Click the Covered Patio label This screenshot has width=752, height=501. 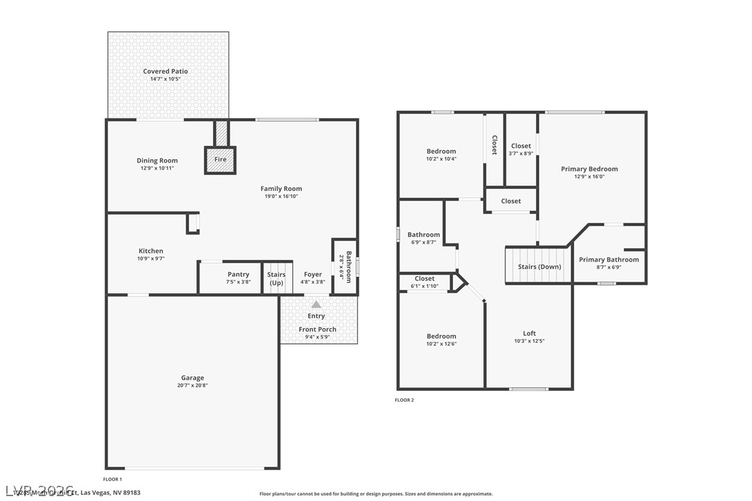tap(165, 71)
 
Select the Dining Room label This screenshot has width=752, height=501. tap(157, 161)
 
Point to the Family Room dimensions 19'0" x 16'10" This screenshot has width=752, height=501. tap(281, 196)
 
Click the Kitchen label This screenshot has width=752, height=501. tap(151, 251)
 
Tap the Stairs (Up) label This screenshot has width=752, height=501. tap(276, 278)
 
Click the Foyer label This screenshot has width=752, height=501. tap(313, 275)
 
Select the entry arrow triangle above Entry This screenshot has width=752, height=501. tap(316, 304)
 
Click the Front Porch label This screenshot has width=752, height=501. tap(317, 329)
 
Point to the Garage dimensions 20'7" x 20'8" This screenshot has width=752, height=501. tap(193, 385)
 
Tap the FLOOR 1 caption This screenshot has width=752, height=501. tap(112, 479)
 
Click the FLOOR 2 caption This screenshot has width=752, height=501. tap(404, 400)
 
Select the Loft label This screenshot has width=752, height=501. tap(529, 334)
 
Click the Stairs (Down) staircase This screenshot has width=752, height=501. tap(539, 266)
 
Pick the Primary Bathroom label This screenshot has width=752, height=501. tap(609, 259)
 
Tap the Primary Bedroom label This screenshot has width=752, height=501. tap(589, 169)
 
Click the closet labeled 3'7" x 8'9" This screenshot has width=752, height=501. tap(521, 149)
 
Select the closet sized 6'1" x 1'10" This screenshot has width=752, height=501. tap(424, 282)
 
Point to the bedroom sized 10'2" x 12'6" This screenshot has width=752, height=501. tap(441, 340)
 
